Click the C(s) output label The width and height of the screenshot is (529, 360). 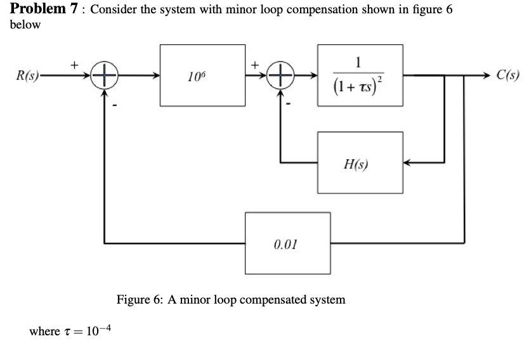click(x=507, y=75)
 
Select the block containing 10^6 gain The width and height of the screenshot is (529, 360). click(x=202, y=75)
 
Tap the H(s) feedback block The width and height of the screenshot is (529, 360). click(x=360, y=163)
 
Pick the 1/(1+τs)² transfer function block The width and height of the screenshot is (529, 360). click(x=360, y=75)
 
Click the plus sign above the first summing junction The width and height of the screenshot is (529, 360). click(x=74, y=64)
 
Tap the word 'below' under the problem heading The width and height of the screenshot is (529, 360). click(x=25, y=25)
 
